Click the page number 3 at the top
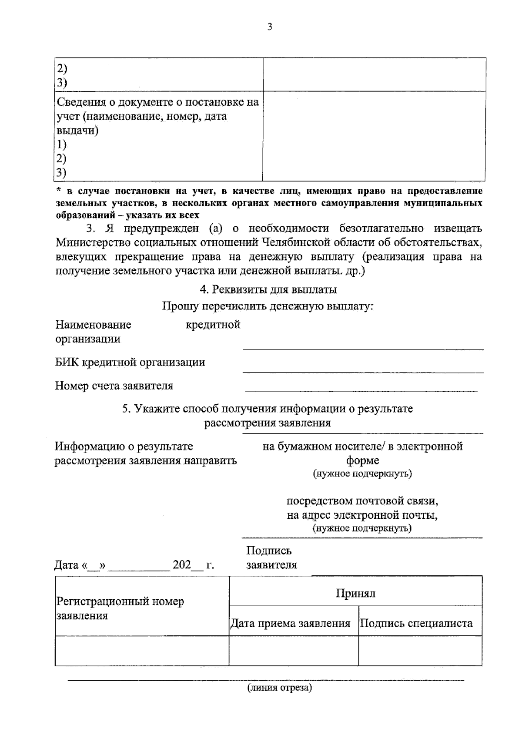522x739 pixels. [270, 27]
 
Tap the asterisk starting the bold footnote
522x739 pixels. [59, 191]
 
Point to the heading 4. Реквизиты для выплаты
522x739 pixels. [268, 289]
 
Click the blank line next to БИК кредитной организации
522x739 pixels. [363, 371]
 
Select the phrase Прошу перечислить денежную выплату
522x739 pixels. [268, 306]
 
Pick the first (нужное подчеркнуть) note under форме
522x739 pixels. [362, 474]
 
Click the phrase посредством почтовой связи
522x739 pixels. [362, 501]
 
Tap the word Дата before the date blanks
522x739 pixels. [66, 565]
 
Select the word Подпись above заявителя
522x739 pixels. [269, 551]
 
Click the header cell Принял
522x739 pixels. [355, 593]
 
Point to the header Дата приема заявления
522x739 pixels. [290, 623]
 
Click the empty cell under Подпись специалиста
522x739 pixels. [420, 650]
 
